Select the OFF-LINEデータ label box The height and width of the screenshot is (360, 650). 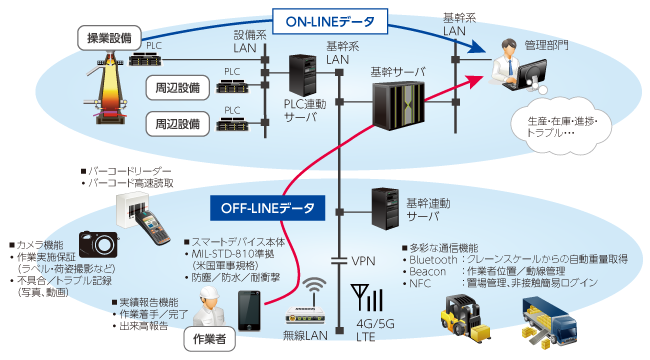tap(267, 208)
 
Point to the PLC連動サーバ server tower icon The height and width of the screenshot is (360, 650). tap(303, 81)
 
